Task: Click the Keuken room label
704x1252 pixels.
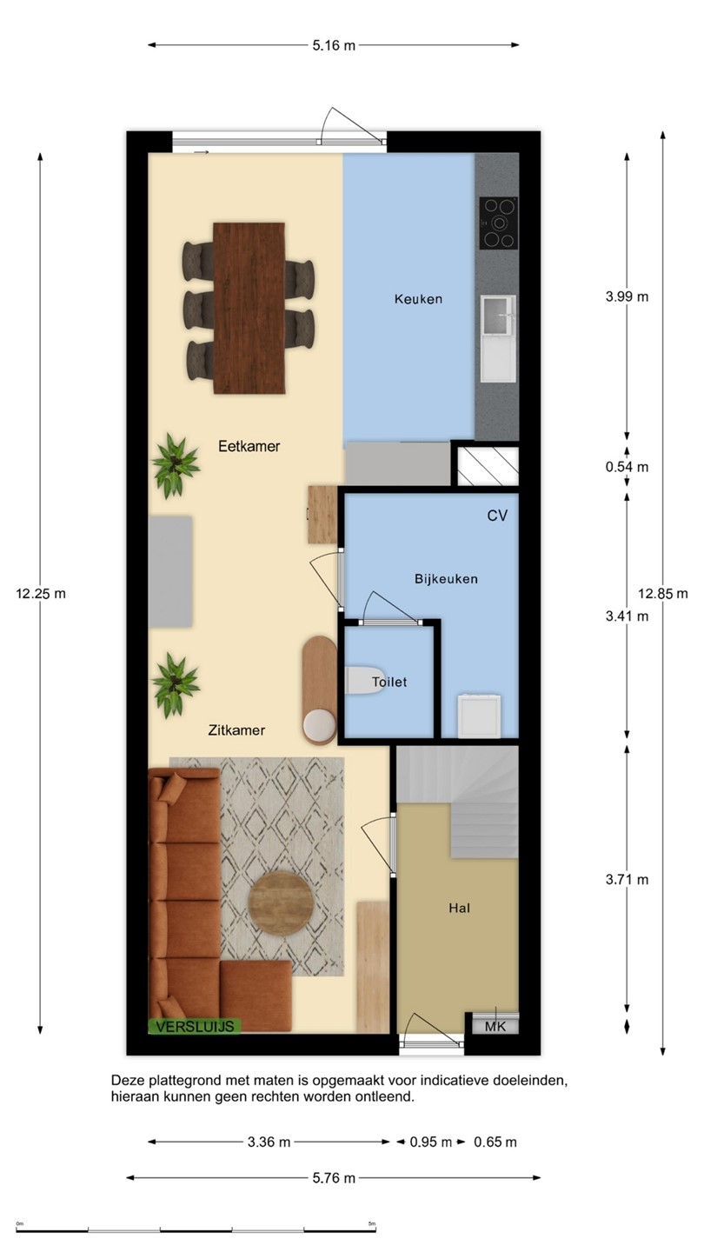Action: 418,299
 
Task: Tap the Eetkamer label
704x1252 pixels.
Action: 249,446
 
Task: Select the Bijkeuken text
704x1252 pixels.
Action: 446,578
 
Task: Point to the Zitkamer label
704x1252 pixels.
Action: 236,730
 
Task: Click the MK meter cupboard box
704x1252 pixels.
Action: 495,1026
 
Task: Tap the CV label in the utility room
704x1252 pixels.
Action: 497,516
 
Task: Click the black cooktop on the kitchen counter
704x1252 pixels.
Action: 498,223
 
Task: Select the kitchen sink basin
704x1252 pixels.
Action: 497,316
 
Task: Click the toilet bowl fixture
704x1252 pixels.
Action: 364,680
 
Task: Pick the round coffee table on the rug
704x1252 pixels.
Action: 281,904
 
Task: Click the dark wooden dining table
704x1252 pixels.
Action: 249,308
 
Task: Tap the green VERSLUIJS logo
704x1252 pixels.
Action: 195,1026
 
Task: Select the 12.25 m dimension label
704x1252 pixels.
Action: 41,594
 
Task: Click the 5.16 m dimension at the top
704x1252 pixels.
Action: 334,46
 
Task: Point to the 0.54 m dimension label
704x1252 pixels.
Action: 627,467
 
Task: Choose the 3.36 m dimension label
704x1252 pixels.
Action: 269,1142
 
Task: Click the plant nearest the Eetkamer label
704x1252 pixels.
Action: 176,465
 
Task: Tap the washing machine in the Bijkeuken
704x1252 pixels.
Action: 479,716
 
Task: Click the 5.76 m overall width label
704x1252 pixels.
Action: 334,1178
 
